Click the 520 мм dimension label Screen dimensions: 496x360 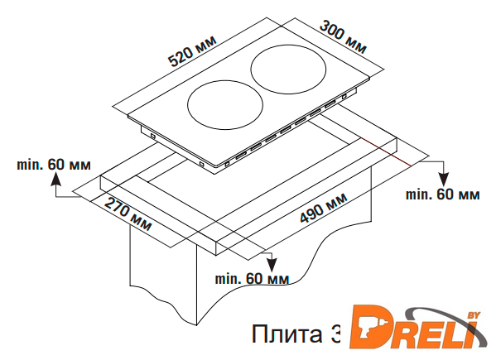click(x=192, y=50)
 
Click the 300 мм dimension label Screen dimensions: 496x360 click(x=343, y=37)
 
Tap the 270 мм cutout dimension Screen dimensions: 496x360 click(x=128, y=214)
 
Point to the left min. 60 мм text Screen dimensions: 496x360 click(x=54, y=165)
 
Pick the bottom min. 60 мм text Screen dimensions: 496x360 click(x=252, y=278)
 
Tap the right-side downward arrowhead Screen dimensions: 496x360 click(x=445, y=180)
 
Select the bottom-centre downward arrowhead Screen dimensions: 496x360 click(x=272, y=265)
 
